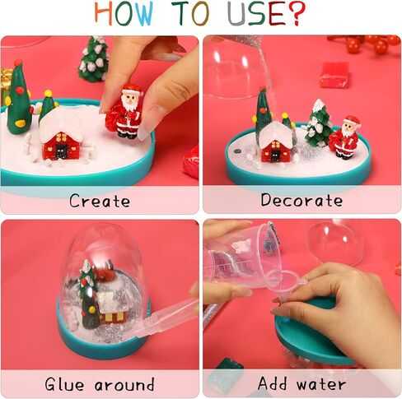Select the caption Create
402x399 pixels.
(100, 200)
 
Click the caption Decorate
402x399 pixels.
(301, 200)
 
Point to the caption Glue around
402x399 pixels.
(100, 384)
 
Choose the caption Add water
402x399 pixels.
(301, 384)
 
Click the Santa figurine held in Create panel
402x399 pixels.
(130, 110)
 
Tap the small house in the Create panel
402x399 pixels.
(62, 133)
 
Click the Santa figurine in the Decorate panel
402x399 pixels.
(347, 137)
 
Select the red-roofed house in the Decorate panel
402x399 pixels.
(278, 142)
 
